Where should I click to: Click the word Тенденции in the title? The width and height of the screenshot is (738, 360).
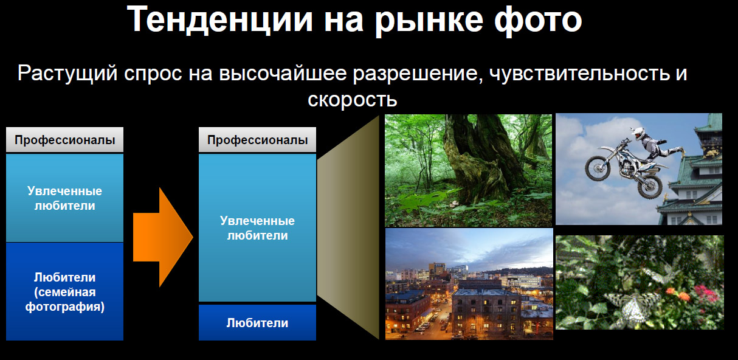[219, 19]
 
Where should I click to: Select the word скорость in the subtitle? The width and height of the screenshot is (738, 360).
[353, 99]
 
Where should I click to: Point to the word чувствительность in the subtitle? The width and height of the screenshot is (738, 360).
[579, 74]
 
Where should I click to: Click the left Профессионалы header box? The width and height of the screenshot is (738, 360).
[64, 140]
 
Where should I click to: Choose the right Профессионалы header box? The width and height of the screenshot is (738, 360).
[257, 140]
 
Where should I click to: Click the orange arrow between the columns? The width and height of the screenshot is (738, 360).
[163, 237]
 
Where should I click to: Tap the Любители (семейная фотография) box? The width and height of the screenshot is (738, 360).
[64, 292]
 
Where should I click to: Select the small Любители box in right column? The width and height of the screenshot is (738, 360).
[257, 323]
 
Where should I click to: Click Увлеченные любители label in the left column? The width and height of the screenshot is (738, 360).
[64, 198]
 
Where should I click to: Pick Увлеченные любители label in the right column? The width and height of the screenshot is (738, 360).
[257, 228]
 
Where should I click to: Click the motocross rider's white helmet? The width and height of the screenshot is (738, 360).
[638, 133]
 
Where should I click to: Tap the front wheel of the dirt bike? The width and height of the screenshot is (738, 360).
[598, 168]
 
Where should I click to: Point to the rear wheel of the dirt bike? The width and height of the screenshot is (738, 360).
[649, 186]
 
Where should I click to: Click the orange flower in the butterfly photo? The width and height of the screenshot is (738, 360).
[682, 296]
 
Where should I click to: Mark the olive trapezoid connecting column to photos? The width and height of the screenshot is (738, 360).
[348, 227]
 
